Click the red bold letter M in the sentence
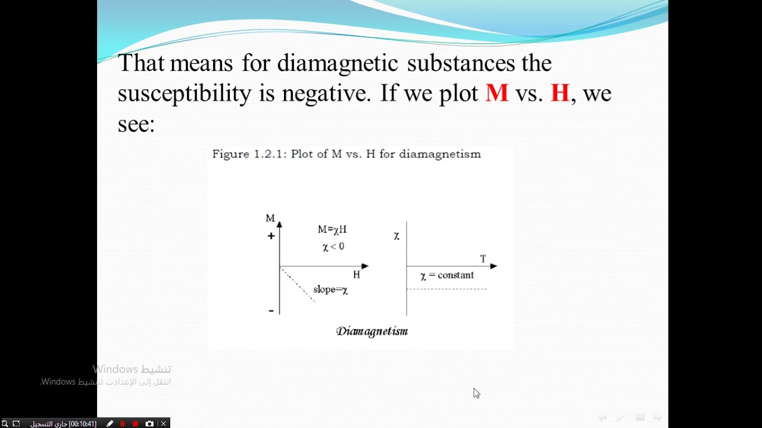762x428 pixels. [x=497, y=93]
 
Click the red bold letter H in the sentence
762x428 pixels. [x=560, y=93]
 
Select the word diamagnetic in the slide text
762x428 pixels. [x=338, y=62]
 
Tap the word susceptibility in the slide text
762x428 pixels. [x=185, y=93]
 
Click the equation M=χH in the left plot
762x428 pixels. [x=332, y=229]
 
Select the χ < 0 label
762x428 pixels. [x=333, y=247]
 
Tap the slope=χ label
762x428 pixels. [x=330, y=290]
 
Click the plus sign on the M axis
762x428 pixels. [x=271, y=236]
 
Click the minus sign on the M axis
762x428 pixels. [x=271, y=310]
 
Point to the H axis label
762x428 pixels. [x=357, y=275]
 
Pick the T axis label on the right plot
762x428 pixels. [x=483, y=259]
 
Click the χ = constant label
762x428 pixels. [x=447, y=275]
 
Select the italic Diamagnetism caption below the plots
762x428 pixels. [x=372, y=331]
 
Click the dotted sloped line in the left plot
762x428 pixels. [x=297, y=284]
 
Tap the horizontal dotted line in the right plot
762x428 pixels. [x=446, y=289]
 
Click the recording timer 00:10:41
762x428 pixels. [x=82, y=424]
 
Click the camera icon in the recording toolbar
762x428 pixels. [x=149, y=424]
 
